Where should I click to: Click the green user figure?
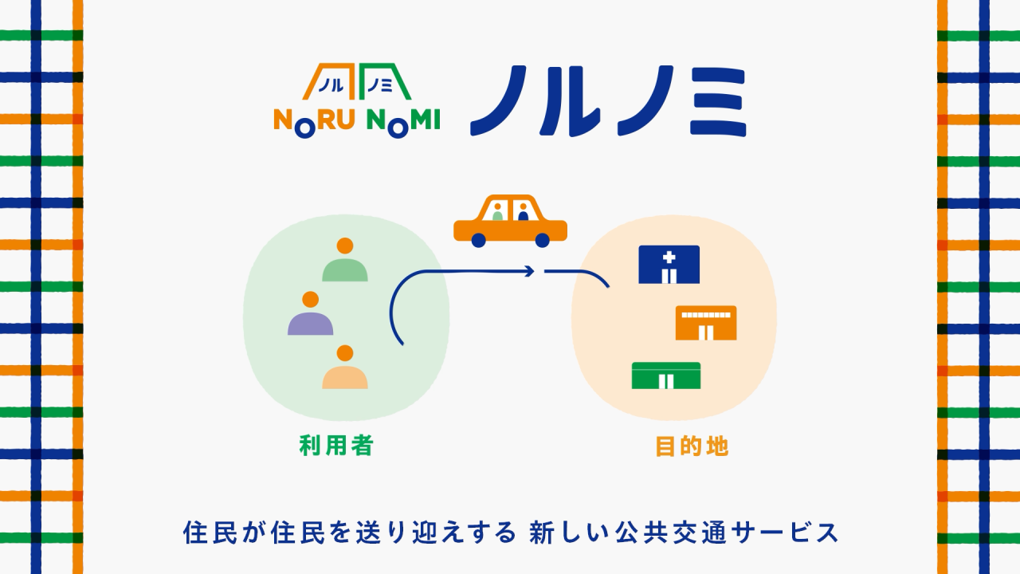pyautogui.click(x=345, y=259)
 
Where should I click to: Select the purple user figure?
pyautogui.click(x=310, y=313)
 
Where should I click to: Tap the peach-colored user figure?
pyautogui.click(x=345, y=367)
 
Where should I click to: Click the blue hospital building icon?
pyautogui.click(x=669, y=265)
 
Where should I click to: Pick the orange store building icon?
pyautogui.click(x=706, y=323)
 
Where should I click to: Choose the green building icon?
pyautogui.click(x=665, y=375)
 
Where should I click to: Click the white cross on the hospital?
pyautogui.click(x=669, y=258)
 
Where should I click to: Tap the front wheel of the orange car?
pyautogui.click(x=542, y=240)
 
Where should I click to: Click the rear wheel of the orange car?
pyautogui.click(x=478, y=240)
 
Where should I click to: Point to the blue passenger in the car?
pyautogui.click(x=523, y=212)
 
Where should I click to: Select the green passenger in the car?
pyautogui.click(x=497, y=212)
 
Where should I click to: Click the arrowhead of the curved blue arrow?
pyautogui.click(x=530, y=272)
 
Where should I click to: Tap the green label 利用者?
pyautogui.click(x=336, y=446)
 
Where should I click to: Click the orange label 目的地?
pyautogui.click(x=692, y=446)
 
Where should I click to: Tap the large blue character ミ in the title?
pyautogui.click(x=718, y=102)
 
